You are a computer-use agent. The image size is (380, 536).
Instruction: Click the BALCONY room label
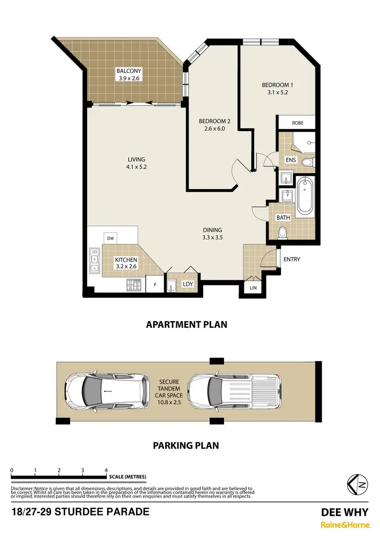click(128, 71)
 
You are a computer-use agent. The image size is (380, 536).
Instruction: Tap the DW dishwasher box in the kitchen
click(110, 238)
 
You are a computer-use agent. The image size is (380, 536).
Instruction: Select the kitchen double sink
click(94, 260)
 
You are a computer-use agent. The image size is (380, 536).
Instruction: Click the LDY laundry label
click(188, 284)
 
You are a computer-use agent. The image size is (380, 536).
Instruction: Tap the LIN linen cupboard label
click(253, 288)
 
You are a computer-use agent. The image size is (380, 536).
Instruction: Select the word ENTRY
click(292, 259)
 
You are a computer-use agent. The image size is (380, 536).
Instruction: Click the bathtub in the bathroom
click(305, 196)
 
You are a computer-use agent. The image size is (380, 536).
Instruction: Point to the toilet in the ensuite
click(307, 162)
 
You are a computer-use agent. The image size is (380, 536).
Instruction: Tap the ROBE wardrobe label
click(297, 123)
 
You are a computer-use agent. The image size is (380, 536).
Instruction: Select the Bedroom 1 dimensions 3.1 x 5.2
click(275, 93)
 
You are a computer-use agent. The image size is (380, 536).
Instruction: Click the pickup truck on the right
click(234, 392)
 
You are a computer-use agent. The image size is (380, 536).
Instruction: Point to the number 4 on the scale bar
click(106, 470)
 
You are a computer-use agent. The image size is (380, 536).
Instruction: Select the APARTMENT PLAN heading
click(186, 325)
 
